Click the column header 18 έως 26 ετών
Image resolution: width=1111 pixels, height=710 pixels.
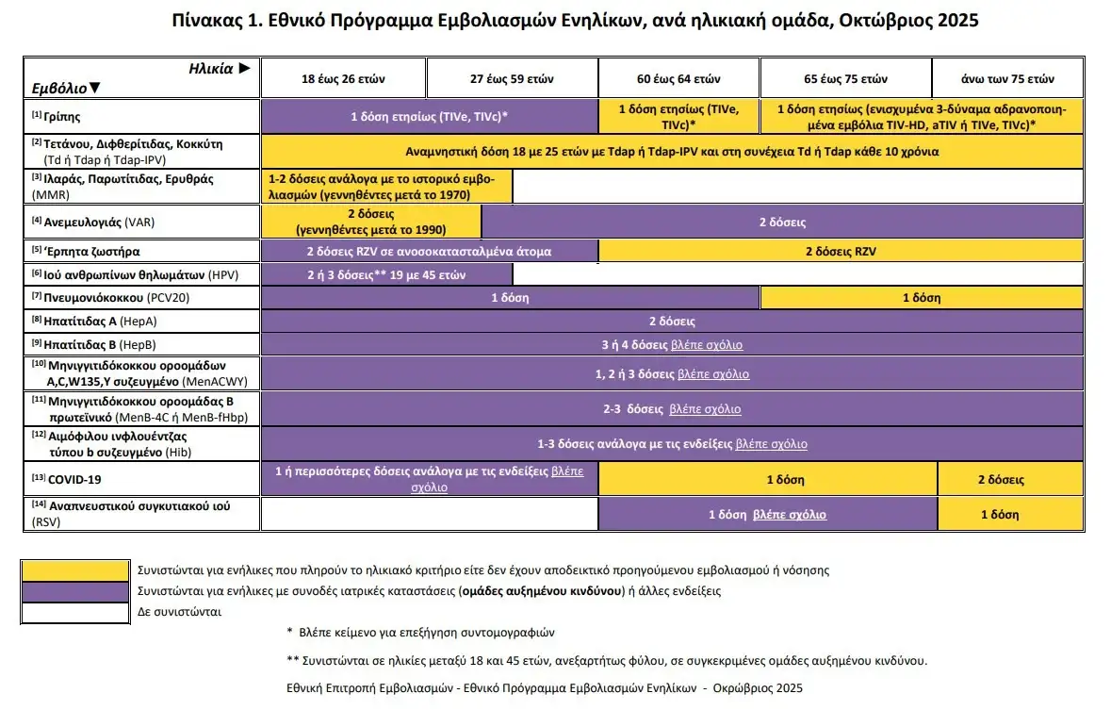343,78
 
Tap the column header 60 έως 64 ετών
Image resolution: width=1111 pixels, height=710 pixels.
678,78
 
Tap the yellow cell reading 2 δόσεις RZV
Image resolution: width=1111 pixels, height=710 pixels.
841,252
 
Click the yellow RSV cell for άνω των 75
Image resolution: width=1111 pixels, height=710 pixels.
1000,515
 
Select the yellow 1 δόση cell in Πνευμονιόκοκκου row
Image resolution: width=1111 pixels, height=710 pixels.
921,298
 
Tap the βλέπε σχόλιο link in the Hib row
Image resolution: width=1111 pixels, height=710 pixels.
771,444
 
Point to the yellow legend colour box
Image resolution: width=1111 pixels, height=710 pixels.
75,570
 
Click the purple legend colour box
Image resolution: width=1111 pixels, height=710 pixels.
75,591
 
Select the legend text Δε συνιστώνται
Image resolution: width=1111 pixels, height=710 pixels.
179,612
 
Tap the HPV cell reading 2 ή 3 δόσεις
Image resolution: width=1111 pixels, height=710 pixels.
386,275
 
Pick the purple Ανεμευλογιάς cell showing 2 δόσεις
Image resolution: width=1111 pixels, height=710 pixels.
782,223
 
